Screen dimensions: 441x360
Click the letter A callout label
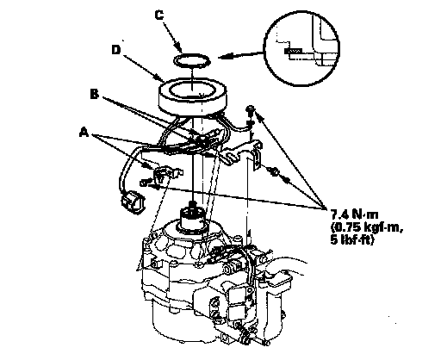point(84,133)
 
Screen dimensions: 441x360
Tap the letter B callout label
point(94,94)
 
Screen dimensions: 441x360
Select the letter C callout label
point(159,15)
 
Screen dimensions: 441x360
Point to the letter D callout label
point(116,50)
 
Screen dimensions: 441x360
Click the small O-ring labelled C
point(192,61)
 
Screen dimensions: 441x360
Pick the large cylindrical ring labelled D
point(193,97)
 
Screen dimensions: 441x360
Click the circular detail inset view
point(301,48)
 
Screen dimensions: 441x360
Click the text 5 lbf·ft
point(352,239)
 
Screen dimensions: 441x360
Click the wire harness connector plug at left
point(132,202)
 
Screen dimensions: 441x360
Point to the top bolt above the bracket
point(251,110)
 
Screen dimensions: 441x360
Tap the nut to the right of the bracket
point(275,172)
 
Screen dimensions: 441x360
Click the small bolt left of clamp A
point(144,183)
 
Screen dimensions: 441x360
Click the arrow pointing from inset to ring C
point(241,55)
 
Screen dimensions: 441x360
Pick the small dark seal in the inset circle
point(293,51)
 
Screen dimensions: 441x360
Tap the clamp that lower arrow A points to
point(167,175)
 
